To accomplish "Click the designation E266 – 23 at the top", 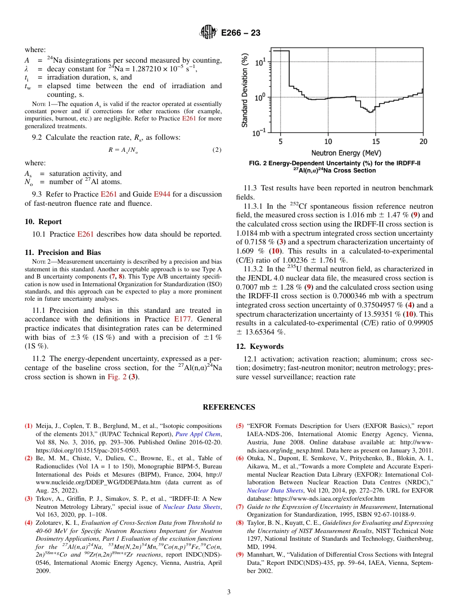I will [x=241, y=33].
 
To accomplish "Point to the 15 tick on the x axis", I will [x=376, y=141].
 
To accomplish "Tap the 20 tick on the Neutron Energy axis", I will [x=423, y=141].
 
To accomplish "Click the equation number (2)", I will [x=216, y=150].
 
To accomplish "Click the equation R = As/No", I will [x=126, y=150].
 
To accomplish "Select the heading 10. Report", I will [x=43, y=222].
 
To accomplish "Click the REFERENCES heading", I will [x=229, y=407].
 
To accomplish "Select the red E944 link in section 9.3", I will [x=162, y=195].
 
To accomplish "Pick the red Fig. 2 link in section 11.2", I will [x=117, y=377].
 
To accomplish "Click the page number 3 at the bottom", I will [x=229, y=592].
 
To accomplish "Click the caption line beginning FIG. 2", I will [x=335, y=163].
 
